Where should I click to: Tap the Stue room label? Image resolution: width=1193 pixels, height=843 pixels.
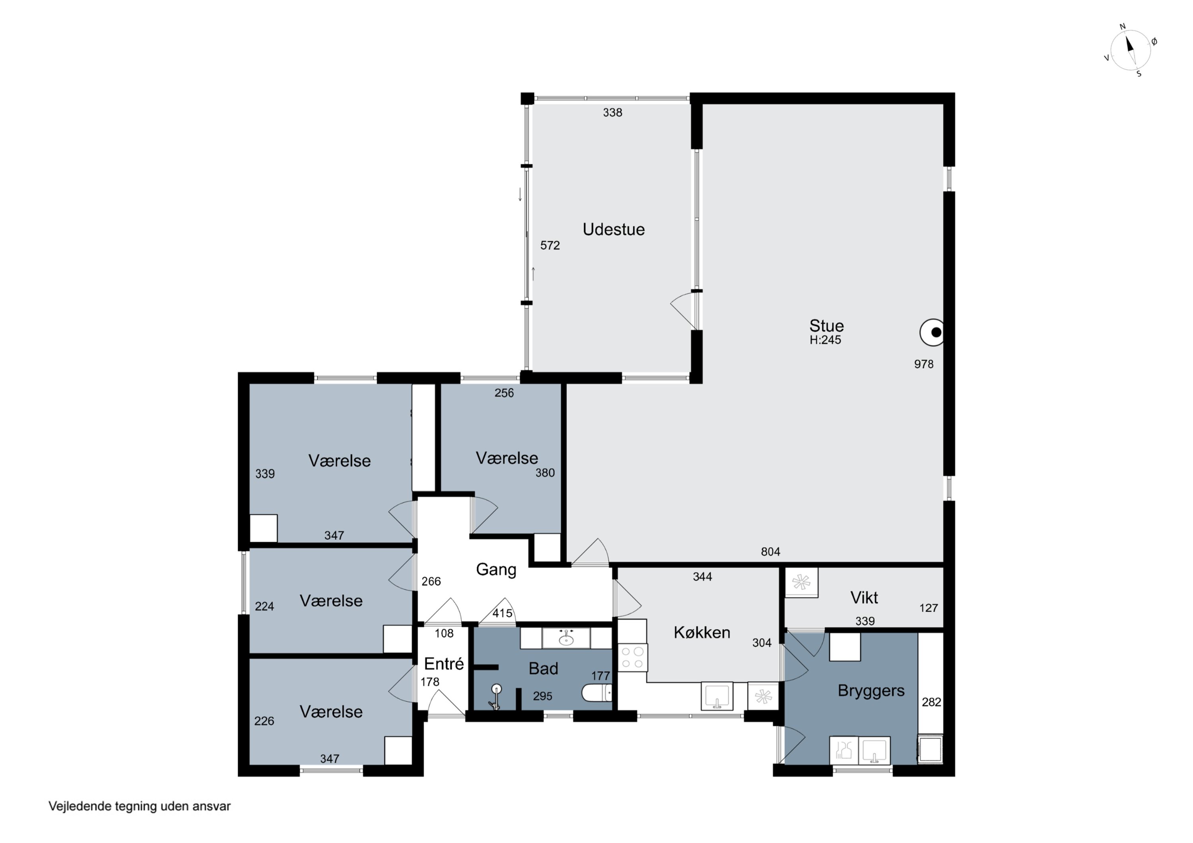pos(826,326)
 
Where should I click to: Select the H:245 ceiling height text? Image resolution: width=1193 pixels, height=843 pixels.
pos(825,340)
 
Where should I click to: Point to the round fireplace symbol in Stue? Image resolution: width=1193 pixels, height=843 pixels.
pos(933,332)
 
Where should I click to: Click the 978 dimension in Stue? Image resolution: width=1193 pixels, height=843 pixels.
pos(923,364)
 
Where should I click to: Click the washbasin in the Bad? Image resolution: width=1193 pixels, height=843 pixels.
pos(566,638)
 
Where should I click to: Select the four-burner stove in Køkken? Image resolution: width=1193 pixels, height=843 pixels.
pos(632,657)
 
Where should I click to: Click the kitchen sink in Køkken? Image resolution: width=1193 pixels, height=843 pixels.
pos(717,696)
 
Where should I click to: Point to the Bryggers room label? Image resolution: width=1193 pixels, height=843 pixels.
pos(871,691)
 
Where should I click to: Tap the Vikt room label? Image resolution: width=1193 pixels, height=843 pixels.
pos(864,597)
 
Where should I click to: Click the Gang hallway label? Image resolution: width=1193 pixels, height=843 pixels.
pos(496,570)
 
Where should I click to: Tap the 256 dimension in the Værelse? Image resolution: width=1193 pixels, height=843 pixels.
pos(503,393)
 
